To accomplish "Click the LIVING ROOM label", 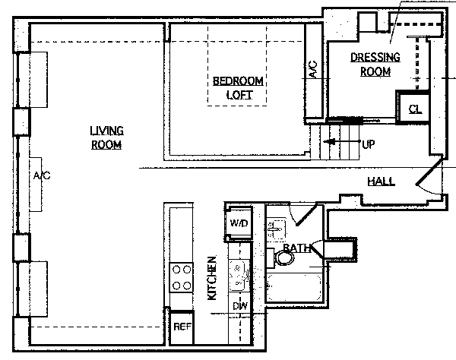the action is coord(106,137).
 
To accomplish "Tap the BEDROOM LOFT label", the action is coord(238,88).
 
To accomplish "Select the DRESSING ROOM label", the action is coord(375,65).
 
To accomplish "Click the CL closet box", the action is coord(413,107).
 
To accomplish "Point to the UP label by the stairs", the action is coord(369,144).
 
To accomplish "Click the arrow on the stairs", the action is coord(342,142).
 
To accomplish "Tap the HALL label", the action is coord(382,182).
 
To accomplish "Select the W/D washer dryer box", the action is coord(239,223).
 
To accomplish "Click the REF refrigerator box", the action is coord(182,327).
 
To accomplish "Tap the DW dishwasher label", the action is coord(240,305).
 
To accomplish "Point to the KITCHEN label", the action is coord(212,278).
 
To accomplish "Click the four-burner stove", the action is coord(182,277).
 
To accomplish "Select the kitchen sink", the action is coord(239,276).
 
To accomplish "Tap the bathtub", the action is coord(294,288).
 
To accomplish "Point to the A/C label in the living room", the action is coord(42,175).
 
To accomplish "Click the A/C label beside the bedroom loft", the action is coord(313,69).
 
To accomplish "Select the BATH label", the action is coord(296,248).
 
